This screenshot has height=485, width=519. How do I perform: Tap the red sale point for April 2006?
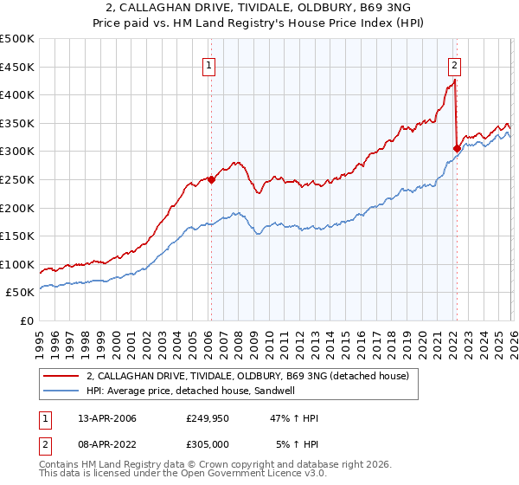click(x=211, y=179)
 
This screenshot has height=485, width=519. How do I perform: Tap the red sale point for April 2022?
click(x=456, y=148)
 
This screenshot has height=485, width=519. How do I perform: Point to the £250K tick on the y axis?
click(x=17, y=179)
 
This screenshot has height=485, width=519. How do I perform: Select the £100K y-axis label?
click(x=17, y=264)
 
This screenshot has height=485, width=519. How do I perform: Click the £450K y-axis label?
click(x=17, y=67)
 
